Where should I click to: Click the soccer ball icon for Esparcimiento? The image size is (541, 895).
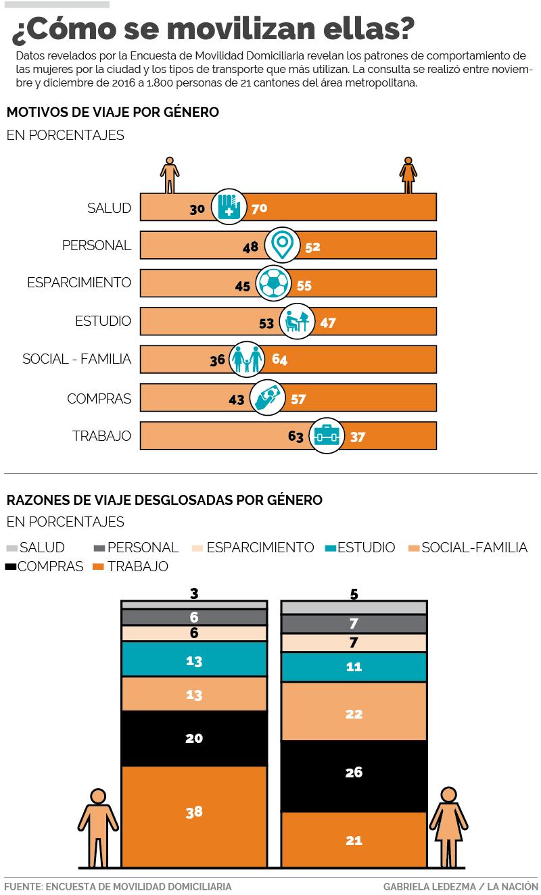click(x=274, y=285)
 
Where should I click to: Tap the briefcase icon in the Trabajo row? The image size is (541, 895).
click(x=327, y=436)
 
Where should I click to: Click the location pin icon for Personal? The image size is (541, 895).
click(x=282, y=245)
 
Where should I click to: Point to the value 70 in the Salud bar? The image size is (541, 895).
click(x=259, y=208)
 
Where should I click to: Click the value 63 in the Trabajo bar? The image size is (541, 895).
click(x=296, y=437)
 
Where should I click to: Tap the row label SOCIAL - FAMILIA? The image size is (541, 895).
click(x=76, y=359)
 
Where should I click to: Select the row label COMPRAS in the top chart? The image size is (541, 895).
click(x=99, y=399)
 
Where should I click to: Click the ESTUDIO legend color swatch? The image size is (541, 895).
click(x=331, y=548)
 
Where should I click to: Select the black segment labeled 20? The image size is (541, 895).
click(x=194, y=738)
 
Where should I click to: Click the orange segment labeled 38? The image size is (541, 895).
click(x=194, y=812)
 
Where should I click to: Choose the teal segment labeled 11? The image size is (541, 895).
click(x=354, y=667)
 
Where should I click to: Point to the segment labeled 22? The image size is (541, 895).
click(x=354, y=714)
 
